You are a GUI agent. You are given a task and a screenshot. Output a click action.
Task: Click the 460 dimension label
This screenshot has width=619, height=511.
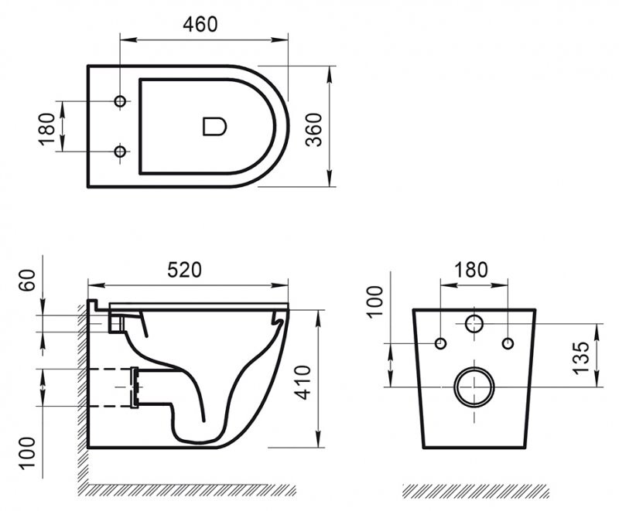200,24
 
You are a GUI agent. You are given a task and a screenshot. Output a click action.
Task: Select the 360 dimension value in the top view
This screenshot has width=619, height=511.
312,127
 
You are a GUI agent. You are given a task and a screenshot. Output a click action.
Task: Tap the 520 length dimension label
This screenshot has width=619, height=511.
185,269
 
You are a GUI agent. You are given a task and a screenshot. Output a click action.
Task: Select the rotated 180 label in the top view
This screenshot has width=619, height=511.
47,128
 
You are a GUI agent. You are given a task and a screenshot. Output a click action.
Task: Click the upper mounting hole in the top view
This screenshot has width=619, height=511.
120,102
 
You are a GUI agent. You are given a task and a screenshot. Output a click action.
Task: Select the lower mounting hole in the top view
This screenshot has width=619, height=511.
120,152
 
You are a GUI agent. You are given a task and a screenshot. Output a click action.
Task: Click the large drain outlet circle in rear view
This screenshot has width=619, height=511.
474,386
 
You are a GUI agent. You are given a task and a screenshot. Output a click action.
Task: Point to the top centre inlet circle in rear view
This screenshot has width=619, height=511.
474,323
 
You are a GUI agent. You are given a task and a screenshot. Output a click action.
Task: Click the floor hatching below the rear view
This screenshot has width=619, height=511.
476,491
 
